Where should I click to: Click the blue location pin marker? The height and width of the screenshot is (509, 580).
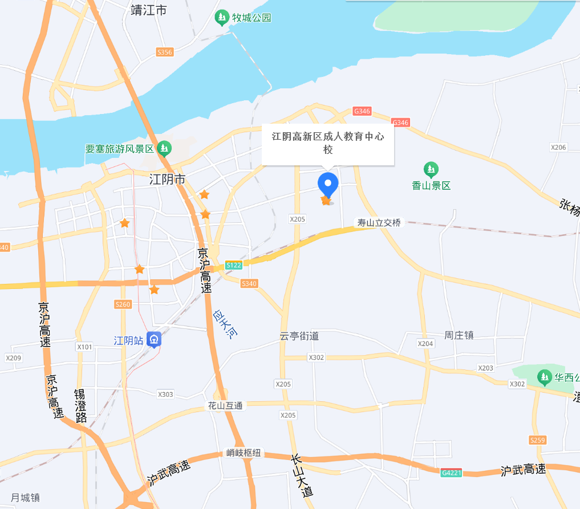click(x=327, y=185)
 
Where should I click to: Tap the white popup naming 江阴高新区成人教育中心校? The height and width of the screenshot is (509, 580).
click(x=327, y=144)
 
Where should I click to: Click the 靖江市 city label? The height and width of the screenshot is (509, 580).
click(x=148, y=10)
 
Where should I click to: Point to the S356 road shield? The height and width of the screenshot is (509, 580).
click(x=164, y=52)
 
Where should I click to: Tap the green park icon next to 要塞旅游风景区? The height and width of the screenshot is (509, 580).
click(x=164, y=149)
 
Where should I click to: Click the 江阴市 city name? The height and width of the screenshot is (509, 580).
click(x=167, y=180)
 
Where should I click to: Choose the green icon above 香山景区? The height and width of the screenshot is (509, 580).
click(x=431, y=169)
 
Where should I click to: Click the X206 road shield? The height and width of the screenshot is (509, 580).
click(x=559, y=147)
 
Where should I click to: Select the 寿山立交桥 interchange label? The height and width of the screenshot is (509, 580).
click(x=379, y=222)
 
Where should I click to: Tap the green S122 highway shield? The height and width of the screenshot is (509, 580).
click(x=234, y=265)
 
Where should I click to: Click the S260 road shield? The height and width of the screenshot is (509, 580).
click(x=123, y=304)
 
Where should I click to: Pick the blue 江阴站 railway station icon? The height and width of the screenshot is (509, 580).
click(x=153, y=340)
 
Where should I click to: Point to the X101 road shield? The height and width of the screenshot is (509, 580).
click(x=84, y=347)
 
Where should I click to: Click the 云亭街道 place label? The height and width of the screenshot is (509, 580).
click(x=299, y=336)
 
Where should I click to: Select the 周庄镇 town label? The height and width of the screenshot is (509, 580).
click(x=459, y=335)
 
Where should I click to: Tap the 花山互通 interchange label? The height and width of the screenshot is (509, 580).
click(x=225, y=406)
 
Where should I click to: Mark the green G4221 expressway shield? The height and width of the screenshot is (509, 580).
click(x=452, y=473)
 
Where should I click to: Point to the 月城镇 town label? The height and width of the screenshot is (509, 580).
click(x=26, y=498)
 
